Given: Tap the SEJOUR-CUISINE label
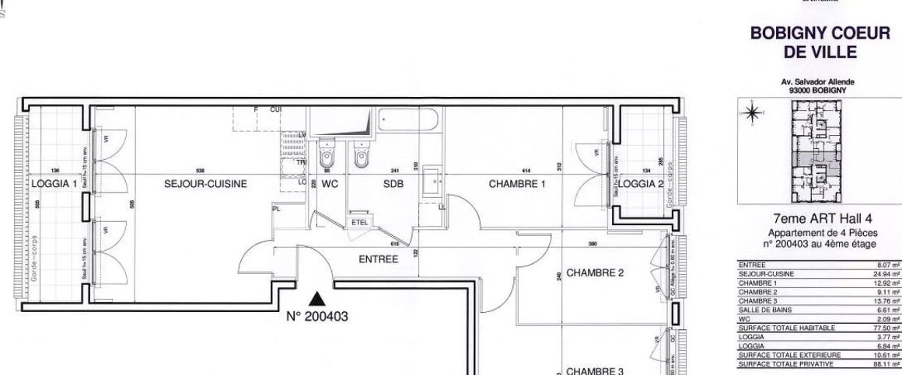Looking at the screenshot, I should coord(205,185).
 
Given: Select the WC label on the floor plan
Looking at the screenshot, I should coord(330,185).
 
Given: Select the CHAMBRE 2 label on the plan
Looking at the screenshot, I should coord(596,273).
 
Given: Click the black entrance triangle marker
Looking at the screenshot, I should coord(316,297).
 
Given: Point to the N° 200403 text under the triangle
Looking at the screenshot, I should coord(316,317).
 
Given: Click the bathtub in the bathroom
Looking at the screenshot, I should coord(408,123).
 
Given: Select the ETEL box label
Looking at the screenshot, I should coord(360,222).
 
